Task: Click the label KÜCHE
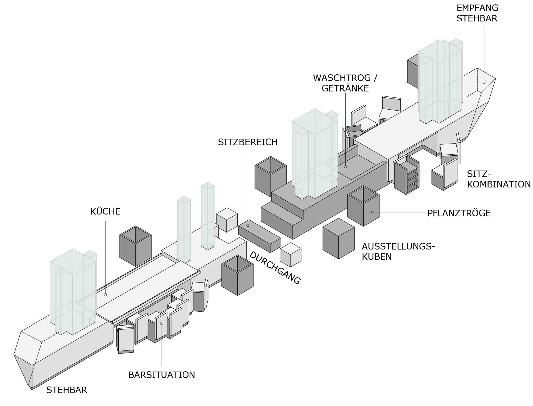[105, 211]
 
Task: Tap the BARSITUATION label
[162, 375]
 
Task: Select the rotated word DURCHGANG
[275, 268]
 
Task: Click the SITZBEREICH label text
[248, 142]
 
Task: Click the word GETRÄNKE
[345, 89]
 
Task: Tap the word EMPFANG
[477, 8]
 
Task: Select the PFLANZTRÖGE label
[459, 213]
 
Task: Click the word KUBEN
[377, 257]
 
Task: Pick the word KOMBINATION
[499, 184]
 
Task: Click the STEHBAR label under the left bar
[67, 390]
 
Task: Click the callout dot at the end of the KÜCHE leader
[105, 295]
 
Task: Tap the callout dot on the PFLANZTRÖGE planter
[373, 212]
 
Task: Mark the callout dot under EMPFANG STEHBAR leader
[484, 82]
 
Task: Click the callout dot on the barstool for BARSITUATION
[162, 323]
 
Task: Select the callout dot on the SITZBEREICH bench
[248, 225]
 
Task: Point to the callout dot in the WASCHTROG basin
[345, 167]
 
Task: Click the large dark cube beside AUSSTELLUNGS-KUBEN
[338, 239]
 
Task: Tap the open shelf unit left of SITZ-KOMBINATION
[407, 175]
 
